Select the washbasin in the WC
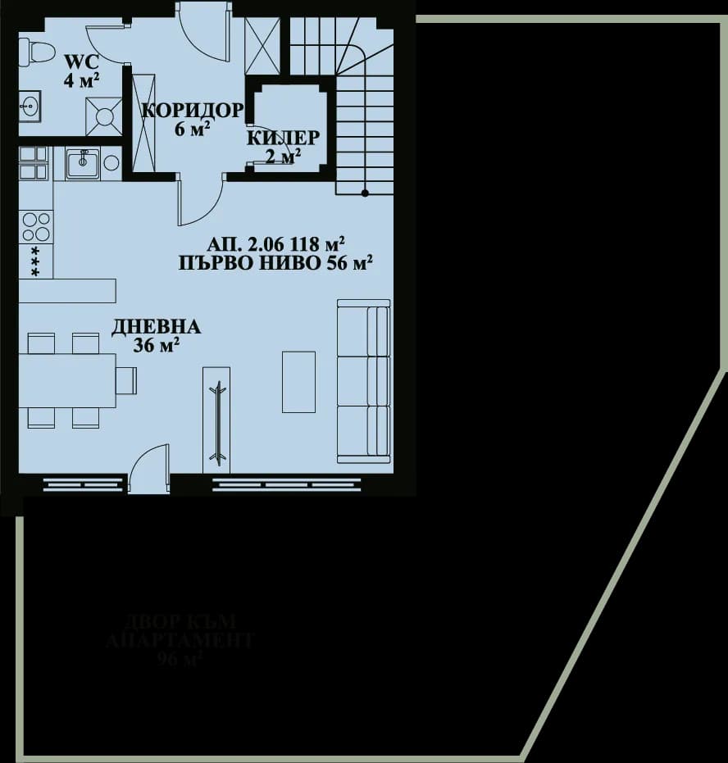pos(32,105)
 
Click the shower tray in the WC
pos(103,116)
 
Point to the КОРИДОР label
pos(192,111)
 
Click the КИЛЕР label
pos(284,138)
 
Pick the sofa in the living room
pos(364,380)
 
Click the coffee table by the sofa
pos(298,382)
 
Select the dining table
pos(66,380)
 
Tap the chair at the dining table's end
pos(126,380)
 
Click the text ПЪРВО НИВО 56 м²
pos(275,263)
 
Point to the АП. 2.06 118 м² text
pos(275,244)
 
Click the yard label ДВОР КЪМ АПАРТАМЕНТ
pos(180,631)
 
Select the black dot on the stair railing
pos(366,193)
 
